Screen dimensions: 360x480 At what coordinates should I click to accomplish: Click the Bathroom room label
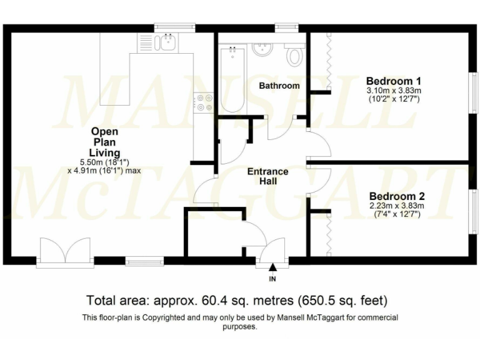279,86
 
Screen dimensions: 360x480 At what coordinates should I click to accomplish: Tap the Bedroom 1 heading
393,81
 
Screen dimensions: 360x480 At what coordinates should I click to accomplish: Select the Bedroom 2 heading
393,195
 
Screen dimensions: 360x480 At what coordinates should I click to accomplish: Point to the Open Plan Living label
104,142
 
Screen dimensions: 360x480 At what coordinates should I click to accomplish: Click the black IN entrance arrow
272,267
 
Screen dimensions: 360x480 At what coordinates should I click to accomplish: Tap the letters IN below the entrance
272,278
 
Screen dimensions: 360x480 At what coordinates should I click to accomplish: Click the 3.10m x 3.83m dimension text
393,90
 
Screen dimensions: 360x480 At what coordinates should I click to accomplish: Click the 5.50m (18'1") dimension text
104,161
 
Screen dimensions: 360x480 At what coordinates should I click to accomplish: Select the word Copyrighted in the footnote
162,317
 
